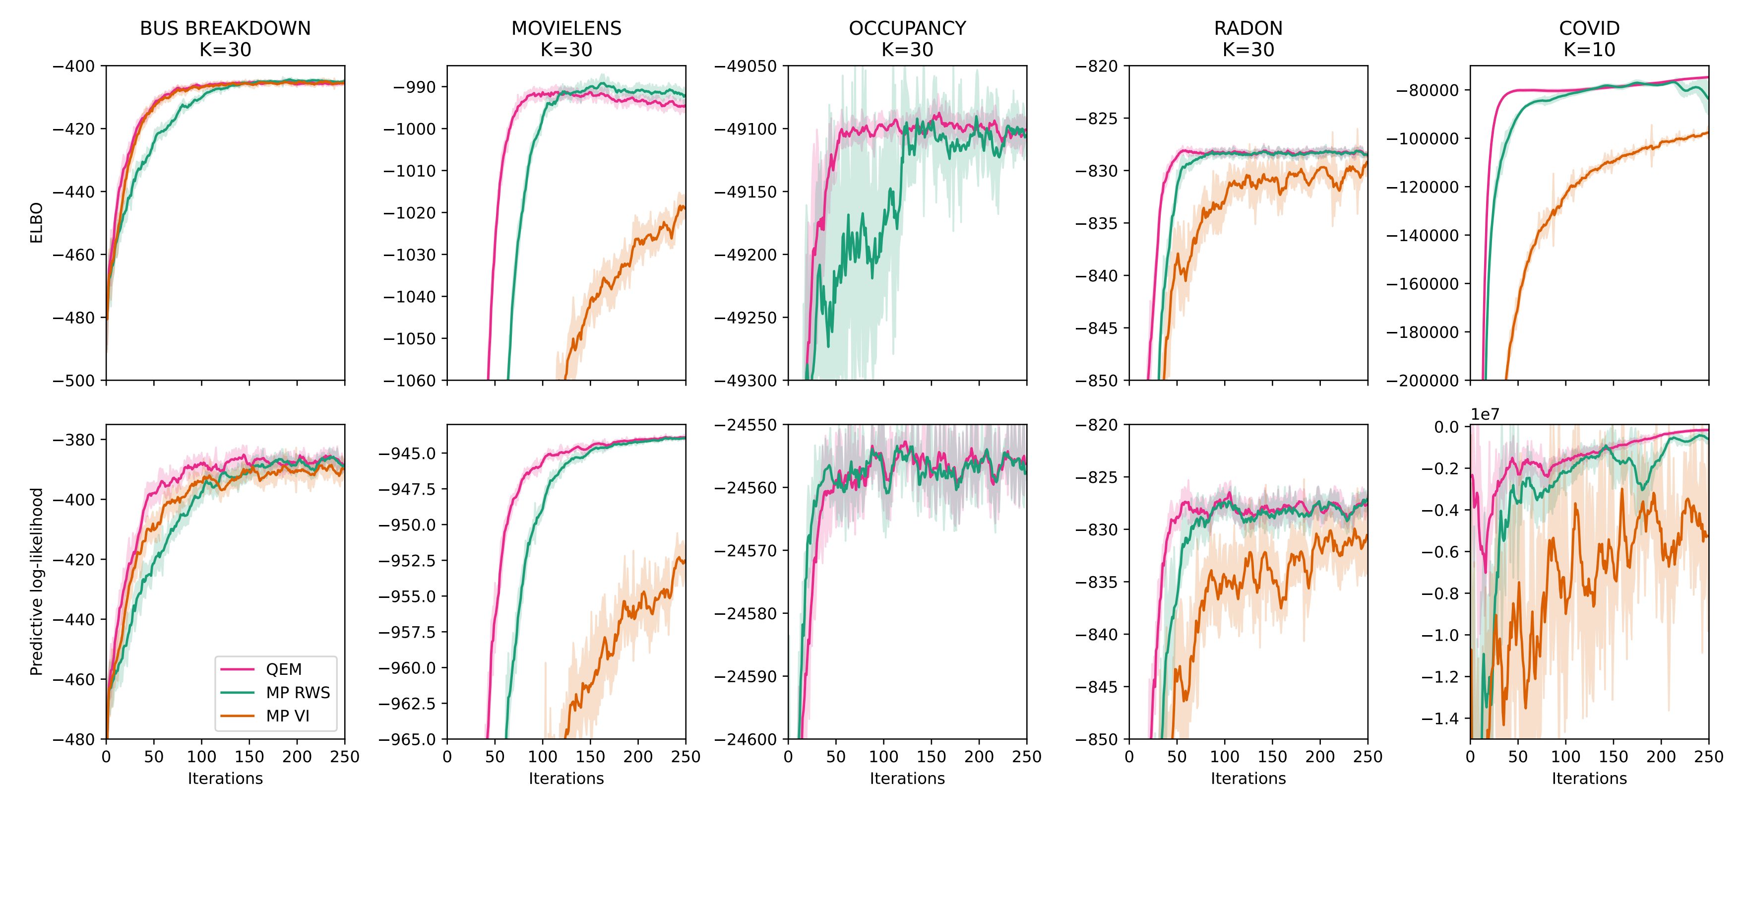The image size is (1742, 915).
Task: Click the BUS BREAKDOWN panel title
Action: click(225, 28)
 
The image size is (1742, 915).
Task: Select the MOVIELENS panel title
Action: click(566, 28)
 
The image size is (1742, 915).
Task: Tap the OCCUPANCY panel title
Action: click(907, 28)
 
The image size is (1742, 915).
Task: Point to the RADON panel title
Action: click(1247, 28)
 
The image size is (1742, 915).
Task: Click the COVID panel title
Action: click(1589, 28)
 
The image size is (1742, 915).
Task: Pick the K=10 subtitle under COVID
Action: click(1589, 49)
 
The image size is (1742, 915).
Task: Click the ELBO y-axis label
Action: click(37, 223)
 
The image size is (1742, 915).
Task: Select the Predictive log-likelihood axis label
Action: click(37, 582)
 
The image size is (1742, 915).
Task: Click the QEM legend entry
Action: click(283, 669)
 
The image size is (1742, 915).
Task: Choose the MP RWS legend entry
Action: click(298, 693)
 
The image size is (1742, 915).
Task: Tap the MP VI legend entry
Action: click(287, 716)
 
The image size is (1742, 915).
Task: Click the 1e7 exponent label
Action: click(1485, 414)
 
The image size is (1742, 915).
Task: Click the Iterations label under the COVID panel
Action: click(1589, 779)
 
